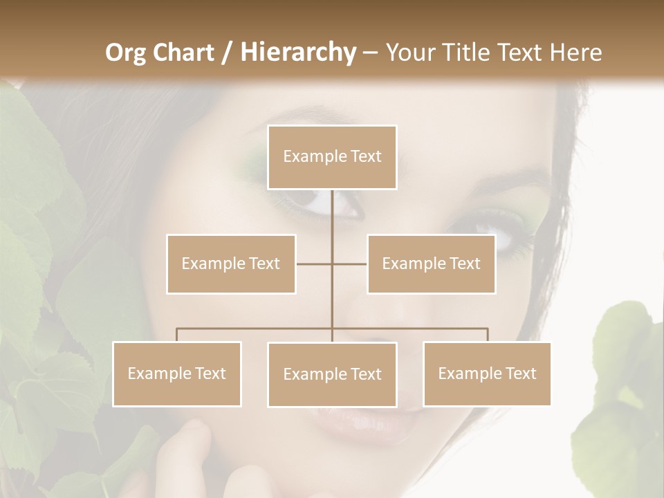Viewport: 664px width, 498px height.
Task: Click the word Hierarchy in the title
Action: [x=297, y=53]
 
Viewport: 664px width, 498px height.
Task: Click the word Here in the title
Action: [x=575, y=53]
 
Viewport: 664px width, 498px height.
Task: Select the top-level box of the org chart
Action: [x=332, y=157]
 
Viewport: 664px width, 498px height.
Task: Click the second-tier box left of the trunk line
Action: [x=231, y=264]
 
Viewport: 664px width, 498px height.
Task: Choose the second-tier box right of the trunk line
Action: [x=431, y=264]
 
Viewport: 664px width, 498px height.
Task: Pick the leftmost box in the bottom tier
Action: [x=177, y=373]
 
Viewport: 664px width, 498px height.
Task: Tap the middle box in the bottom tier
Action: [x=332, y=374]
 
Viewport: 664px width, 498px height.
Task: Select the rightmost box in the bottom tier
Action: [x=487, y=373]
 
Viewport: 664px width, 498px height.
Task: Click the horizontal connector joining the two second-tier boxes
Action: [x=315, y=264]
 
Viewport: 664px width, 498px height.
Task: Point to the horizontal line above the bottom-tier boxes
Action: [x=256, y=329]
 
